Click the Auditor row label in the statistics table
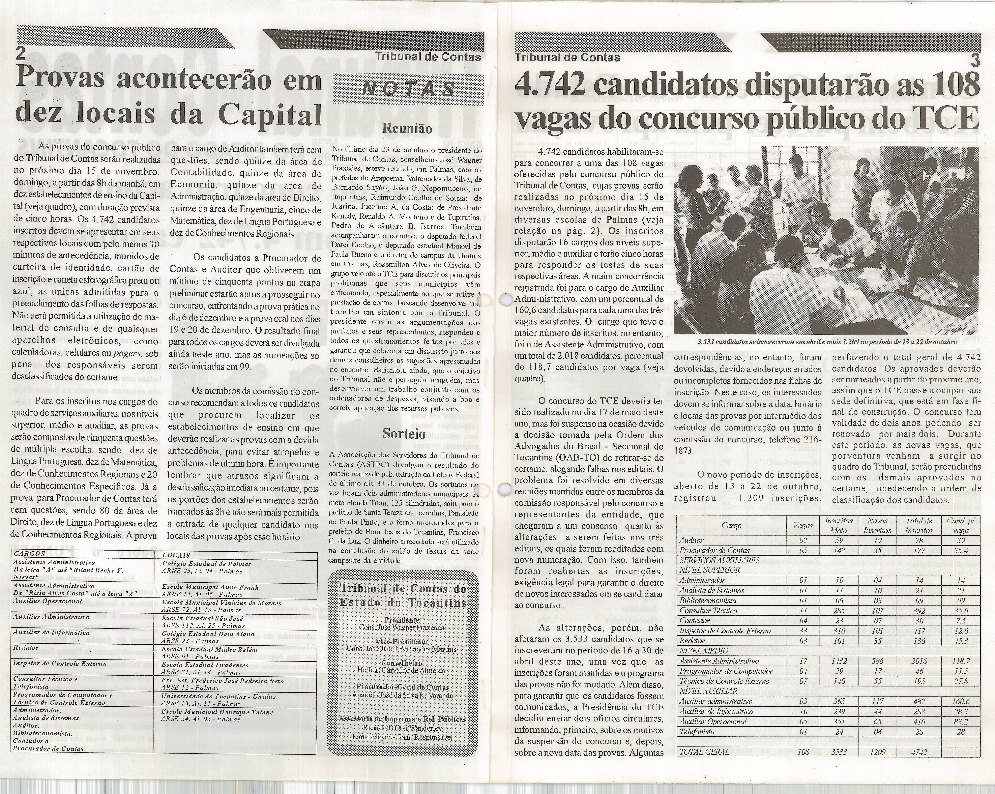pyautogui.click(x=691, y=540)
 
